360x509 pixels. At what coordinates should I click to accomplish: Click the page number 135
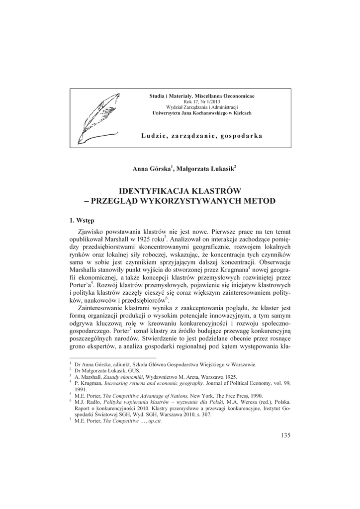pyautogui.click(x=285, y=436)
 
